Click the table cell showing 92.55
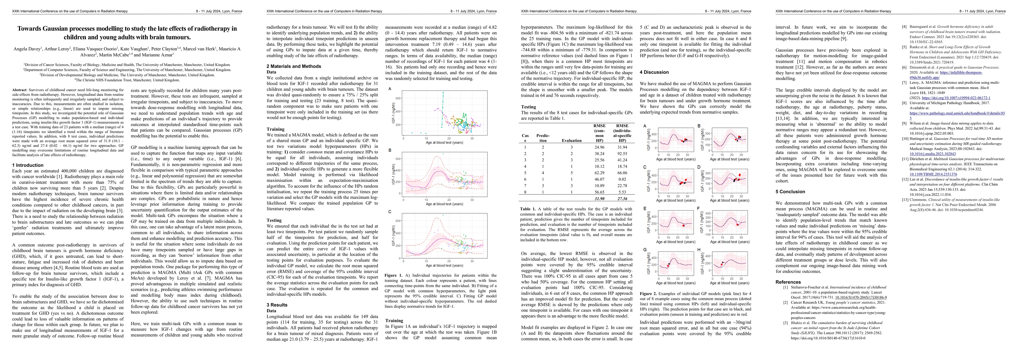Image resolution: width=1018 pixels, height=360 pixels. click(622, 154)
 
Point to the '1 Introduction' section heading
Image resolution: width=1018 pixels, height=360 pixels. click(28, 165)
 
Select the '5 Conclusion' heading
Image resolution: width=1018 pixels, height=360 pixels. click(790, 192)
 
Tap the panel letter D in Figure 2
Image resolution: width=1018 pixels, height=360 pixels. click(699, 167)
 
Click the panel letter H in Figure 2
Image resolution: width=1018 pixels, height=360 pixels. click(699, 250)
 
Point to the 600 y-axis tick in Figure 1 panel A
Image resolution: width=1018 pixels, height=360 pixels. click(398, 98)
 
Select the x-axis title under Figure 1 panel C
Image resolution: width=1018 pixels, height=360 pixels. click(444, 265)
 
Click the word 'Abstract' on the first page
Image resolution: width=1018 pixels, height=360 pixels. click(20, 90)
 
